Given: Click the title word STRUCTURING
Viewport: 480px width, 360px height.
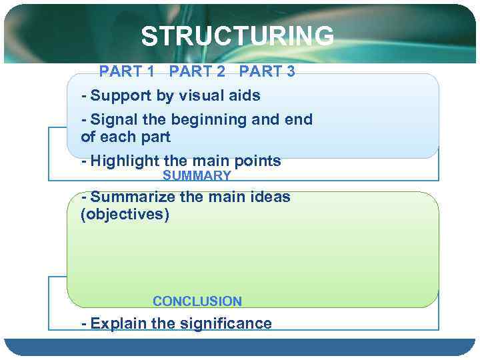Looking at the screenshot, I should [237, 36].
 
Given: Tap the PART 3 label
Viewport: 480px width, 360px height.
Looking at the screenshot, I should [267, 71].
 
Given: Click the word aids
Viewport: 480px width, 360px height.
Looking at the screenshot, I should [245, 95].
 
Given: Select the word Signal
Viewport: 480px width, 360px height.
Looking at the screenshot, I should [115, 120].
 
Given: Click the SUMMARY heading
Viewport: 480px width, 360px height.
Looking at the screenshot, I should [197, 176].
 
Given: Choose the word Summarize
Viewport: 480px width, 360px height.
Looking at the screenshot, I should [133, 197].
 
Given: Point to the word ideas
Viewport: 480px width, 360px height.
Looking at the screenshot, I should [270, 197].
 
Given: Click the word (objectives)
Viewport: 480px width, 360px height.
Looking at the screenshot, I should [125, 215].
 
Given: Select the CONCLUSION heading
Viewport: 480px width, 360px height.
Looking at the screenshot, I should [197, 301].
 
